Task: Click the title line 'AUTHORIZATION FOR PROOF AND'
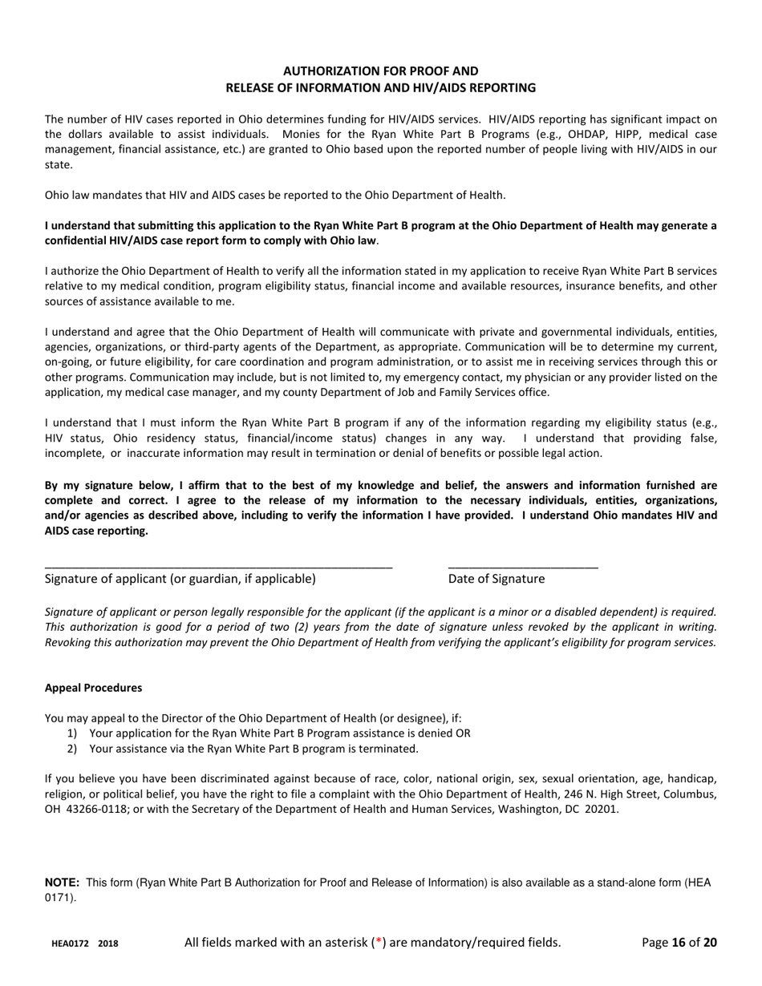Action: pyautogui.click(x=380, y=71)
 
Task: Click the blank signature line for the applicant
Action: pyautogui.click(x=218, y=567)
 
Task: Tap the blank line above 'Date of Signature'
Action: pyautogui.click(x=522, y=567)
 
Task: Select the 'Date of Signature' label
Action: pyautogui.click(x=496, y=579)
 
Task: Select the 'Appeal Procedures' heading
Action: pyautogui.click(x=93, y=688)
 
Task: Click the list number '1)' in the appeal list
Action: pyautogui.click(x=73, y=733)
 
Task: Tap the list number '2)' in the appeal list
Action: pyautogui.click(x=73, y=749)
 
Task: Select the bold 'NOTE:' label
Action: pyautogui.click(x=62, y=883)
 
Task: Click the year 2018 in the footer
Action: pyautogui.click(x=108, y=944)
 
